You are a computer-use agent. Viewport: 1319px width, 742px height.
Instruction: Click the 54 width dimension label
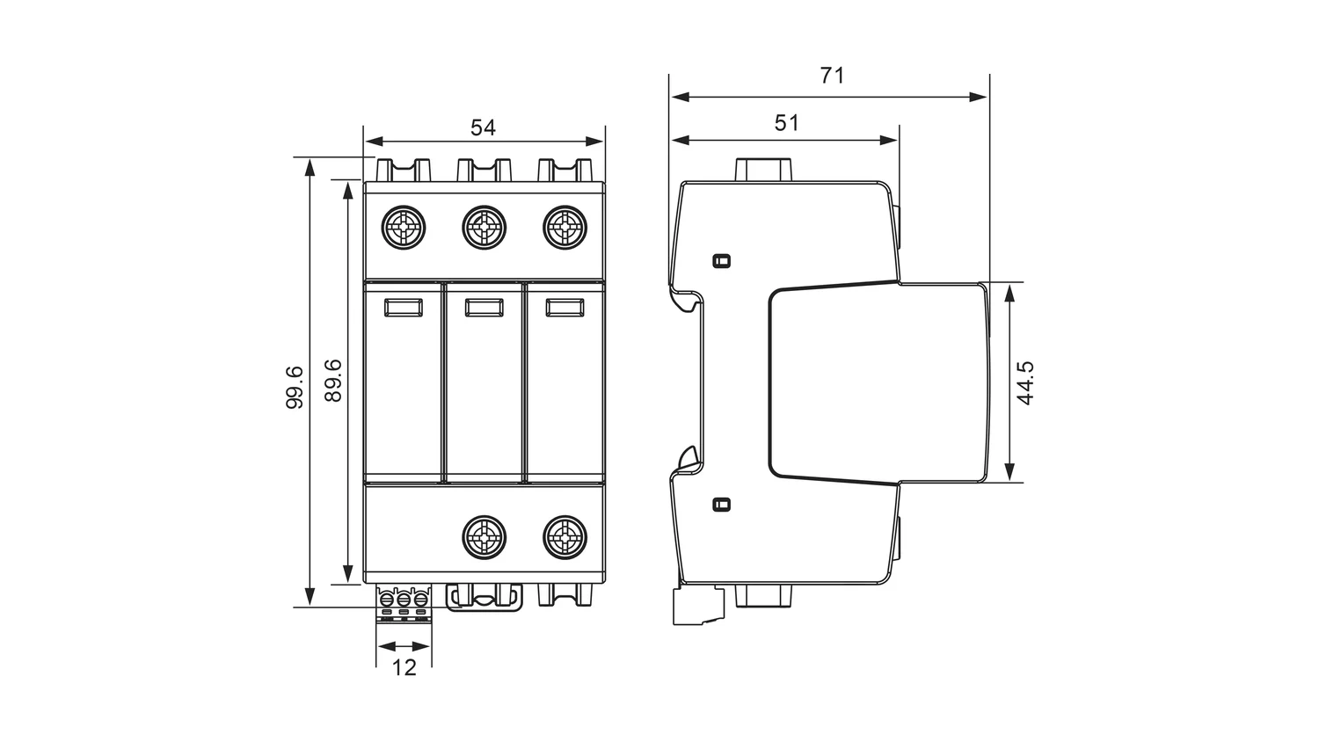[x=483, y=127]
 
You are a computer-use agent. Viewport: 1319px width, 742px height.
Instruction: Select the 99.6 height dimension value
[x=295, y=386]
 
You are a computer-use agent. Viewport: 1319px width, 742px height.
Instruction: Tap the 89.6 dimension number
[x=333, y=380]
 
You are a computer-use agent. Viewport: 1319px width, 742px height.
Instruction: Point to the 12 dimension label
[x=404, y=667]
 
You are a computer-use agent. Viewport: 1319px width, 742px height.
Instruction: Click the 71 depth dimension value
[x=832, y=76]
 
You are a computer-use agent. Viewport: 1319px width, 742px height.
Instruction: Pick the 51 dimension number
[x=787, y=122]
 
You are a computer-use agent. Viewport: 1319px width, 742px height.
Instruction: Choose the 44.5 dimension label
[x=1024, y=382]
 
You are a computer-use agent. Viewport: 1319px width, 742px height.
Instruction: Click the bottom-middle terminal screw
[x=484, y=536]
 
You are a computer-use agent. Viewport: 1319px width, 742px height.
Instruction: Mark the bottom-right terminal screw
[x=564, y=536]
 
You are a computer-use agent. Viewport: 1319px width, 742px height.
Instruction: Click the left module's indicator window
[x=404, y=307]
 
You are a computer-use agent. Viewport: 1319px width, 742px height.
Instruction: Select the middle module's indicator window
[x=484, y=307]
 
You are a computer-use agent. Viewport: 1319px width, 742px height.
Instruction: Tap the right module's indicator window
[x=564, y=307]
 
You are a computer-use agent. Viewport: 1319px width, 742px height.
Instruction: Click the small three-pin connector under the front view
[x=404, y=603]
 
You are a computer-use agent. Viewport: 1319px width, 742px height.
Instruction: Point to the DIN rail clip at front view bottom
[x=484, y=598]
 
